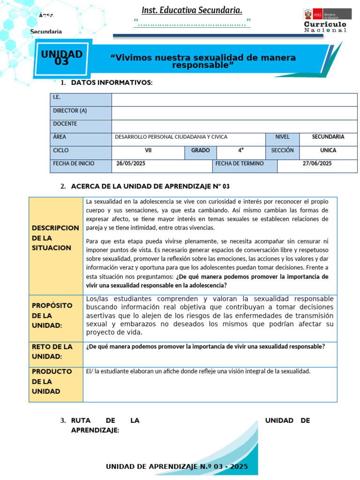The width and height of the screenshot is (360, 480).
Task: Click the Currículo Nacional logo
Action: (x=325, y=21)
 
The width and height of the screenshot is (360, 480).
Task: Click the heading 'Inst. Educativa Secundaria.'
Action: (x=192, y=10)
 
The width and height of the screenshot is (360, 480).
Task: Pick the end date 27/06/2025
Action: (x=317, y=164)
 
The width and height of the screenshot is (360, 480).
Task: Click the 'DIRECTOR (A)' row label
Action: (x=70, y=111)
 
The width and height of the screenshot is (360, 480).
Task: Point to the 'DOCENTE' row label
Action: (x=65, y=124)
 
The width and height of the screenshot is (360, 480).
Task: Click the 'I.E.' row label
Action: (x=57, y=97)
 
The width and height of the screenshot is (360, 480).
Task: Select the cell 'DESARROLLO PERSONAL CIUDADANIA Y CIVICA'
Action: (x=171, y=137)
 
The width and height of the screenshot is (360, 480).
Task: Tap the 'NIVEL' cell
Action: (x=282, y=137)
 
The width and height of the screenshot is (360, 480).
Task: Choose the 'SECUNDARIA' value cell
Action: (x=328, y=137)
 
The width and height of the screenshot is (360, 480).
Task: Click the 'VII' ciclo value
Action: (x=148, y=150)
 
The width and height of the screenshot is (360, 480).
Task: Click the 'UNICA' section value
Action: (x=328, y=150)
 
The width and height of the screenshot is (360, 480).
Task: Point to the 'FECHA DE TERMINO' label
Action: (x=240, y=164)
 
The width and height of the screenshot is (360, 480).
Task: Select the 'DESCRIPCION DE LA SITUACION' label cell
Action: (x=55, y=238)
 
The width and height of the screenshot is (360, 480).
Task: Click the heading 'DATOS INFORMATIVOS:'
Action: (x=112, y=83)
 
